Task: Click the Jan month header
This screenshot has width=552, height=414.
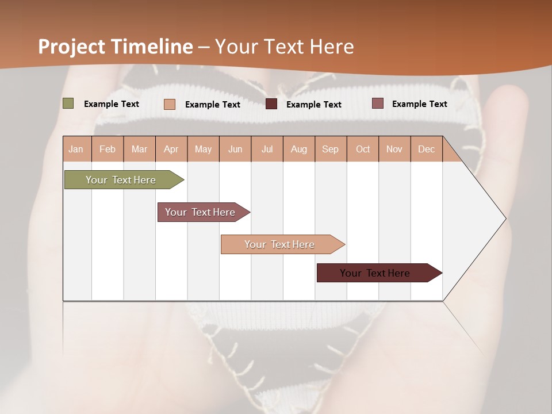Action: (76, 149)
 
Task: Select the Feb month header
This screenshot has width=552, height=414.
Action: (108, 149)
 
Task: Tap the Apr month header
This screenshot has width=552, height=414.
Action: (171, 149)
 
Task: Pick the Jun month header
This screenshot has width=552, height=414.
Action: (235, 149)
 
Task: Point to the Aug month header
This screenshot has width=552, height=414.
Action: (298, 149)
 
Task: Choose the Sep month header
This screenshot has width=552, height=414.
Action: (330, 149)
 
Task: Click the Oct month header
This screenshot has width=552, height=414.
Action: (363, 149)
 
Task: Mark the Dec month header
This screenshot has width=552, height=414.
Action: (426, 149)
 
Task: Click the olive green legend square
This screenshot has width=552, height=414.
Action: (68, 103)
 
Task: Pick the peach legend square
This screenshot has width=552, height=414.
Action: (170, 104)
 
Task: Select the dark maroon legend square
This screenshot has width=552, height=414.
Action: (271, 104)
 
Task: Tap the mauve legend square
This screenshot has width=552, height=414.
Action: (377, 103)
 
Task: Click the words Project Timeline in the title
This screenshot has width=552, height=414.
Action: (116, 47)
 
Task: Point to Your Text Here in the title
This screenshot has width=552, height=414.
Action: (284, 47)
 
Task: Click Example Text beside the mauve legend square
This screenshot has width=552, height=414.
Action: (419, 103)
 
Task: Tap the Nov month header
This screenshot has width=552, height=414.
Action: (394, 149)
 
